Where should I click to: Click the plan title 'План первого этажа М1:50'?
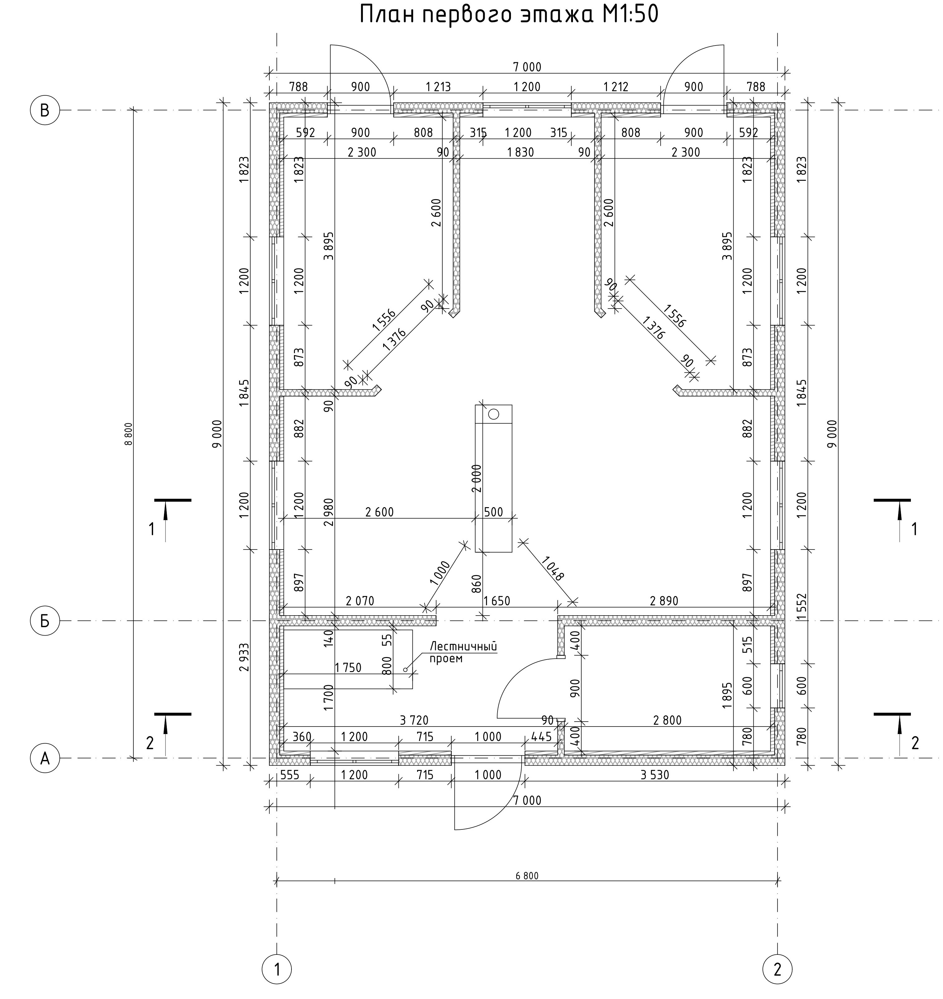point(509,15)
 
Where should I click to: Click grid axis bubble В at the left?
point(45,110)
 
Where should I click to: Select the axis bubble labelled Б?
point(45,621)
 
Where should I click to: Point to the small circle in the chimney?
point(493,414)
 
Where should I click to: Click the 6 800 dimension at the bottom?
point(527,876)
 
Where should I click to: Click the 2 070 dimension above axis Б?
point(360,601)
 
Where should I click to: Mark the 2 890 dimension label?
point(664,601)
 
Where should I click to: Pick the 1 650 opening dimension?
point(497,601)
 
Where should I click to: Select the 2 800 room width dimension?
point(667,720)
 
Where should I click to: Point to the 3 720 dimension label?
point(414,720)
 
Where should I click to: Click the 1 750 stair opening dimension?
point(348,668)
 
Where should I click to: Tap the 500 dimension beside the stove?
point(493,512)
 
